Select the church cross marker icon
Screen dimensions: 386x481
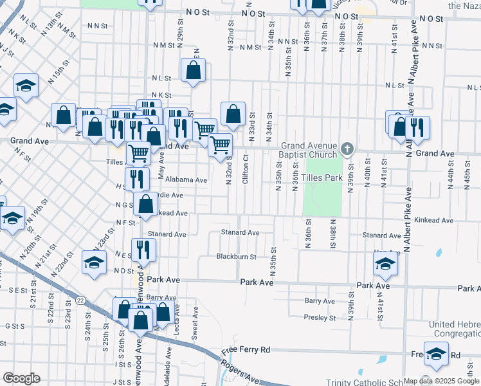[347, 150]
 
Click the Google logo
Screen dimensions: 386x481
[21, 378]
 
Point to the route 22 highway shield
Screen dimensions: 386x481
[80, 300]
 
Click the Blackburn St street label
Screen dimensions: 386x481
[236, 256]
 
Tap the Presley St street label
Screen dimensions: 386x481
[320, 317]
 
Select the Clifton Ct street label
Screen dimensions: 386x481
[246, 169]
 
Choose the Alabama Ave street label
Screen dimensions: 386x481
[186, 180]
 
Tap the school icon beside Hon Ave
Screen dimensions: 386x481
[385, 263]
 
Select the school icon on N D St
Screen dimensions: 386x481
[94, 262]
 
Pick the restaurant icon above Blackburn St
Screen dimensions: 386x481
[143, 250]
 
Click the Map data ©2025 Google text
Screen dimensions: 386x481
[441, 381]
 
